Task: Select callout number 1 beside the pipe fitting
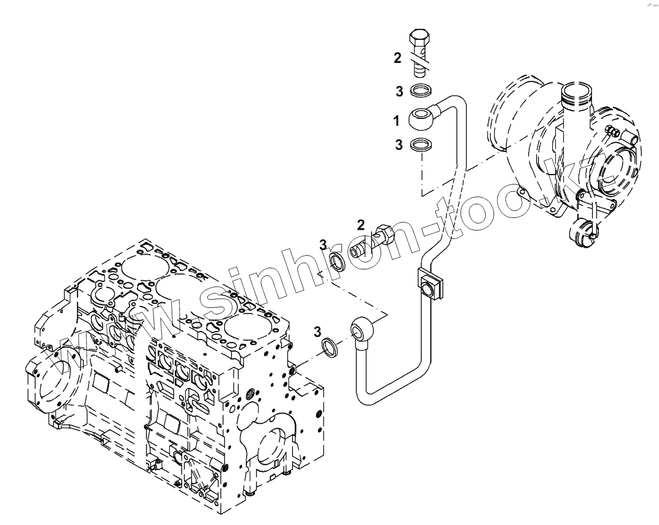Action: pyautogui.click(x=397, y=122)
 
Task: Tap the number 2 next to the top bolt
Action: pyautogui.click(x=398, y=58)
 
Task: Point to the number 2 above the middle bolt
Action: pyautogui.click(x=361, y=225)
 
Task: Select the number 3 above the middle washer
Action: pyautogui.click(x=323, y=244)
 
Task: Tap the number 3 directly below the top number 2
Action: pyautogui.click(x=399, y=92)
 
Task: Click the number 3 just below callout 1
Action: pyautogui.click(x=399, y=145)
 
